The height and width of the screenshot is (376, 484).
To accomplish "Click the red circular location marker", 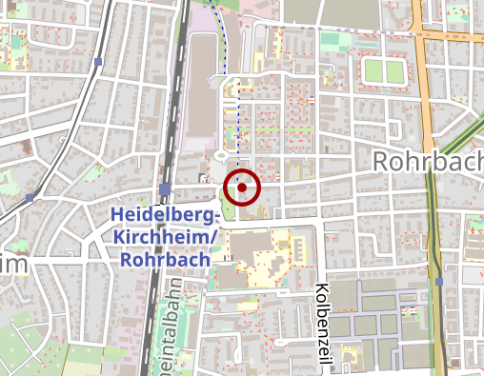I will (x=243, y=188).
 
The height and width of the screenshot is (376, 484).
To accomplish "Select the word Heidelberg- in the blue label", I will (x=163, y=215).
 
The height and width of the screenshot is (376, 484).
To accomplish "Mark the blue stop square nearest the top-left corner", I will (x=98, y=62).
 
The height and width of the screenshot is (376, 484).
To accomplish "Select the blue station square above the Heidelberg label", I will (x=165, y=188).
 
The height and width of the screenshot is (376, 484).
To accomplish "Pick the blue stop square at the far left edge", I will (x=30, y=198).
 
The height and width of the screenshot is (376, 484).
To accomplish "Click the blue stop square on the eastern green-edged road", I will (x=439, y=282).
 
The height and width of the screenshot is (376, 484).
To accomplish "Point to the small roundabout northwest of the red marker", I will (x=221, y=155).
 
